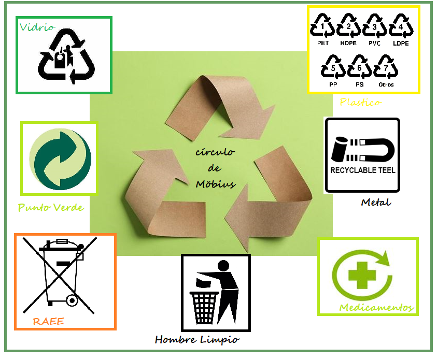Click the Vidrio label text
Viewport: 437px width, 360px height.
pyautogui.click(x=37, y=27)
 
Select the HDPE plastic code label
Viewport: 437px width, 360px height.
pyautogui.click(x=348, y=44)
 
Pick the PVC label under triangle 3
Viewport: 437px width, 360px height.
pyautogui.click(x=374, y=44)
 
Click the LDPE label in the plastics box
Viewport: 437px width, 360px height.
pyautogui.click(x=401, y=44)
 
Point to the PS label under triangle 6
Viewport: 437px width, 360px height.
pyautogui.click(x=360, y=84)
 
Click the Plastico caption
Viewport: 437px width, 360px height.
pyautogui.click(x=360, y=103)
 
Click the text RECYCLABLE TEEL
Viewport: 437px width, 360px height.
pyautogui.click(x=362, y=170)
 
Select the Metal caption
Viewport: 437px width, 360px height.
pyautogui.click(x=376, y=202)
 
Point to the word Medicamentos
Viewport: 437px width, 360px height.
pyautogui.click(x=376, y=308)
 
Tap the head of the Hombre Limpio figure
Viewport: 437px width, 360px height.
pyautogui.click(x=223, y=266)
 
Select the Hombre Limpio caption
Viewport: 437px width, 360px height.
pyautogui.click(x=197, y=340)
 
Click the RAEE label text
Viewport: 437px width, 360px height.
pyautogui.click(x=48, y=322)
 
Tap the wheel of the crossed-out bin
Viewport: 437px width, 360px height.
pyautogui.click(x=71, y=300)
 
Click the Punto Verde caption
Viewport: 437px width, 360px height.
pyautogui.click(x=51, y=208)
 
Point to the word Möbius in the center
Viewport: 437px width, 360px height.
pyautogui.click(x=216, y=184)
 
